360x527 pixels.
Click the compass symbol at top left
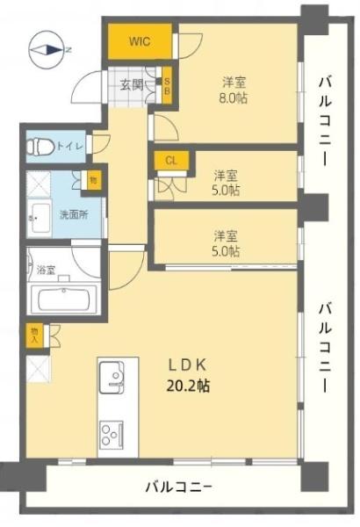click(x=46, y=50)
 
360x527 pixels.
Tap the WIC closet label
click(x=140, y=42)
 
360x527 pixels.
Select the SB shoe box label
click(x=167, y=86)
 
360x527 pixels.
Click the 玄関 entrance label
click(x=132, y=85)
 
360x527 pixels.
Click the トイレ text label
click(x=70, y=147)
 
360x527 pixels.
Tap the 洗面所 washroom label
click(x=74, y=215)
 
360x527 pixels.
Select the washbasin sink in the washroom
click(x=40, y=218)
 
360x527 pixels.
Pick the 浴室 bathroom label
click(x=46, y=270)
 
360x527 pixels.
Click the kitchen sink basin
click(x=112, y=377)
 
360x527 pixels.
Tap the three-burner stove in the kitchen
click(x=112, y=435)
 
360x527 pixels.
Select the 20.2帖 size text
click(x=189, y=386)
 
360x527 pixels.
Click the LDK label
click(x=186, y=365)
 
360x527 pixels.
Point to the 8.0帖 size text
click(x=233, y=98)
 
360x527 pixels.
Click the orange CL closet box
click(x=171, y=161)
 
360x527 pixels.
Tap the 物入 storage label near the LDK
click(x=35, y=336)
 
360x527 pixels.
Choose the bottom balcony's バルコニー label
click(x=178, y=487)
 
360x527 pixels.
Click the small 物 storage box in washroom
click(x=93, y=180)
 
